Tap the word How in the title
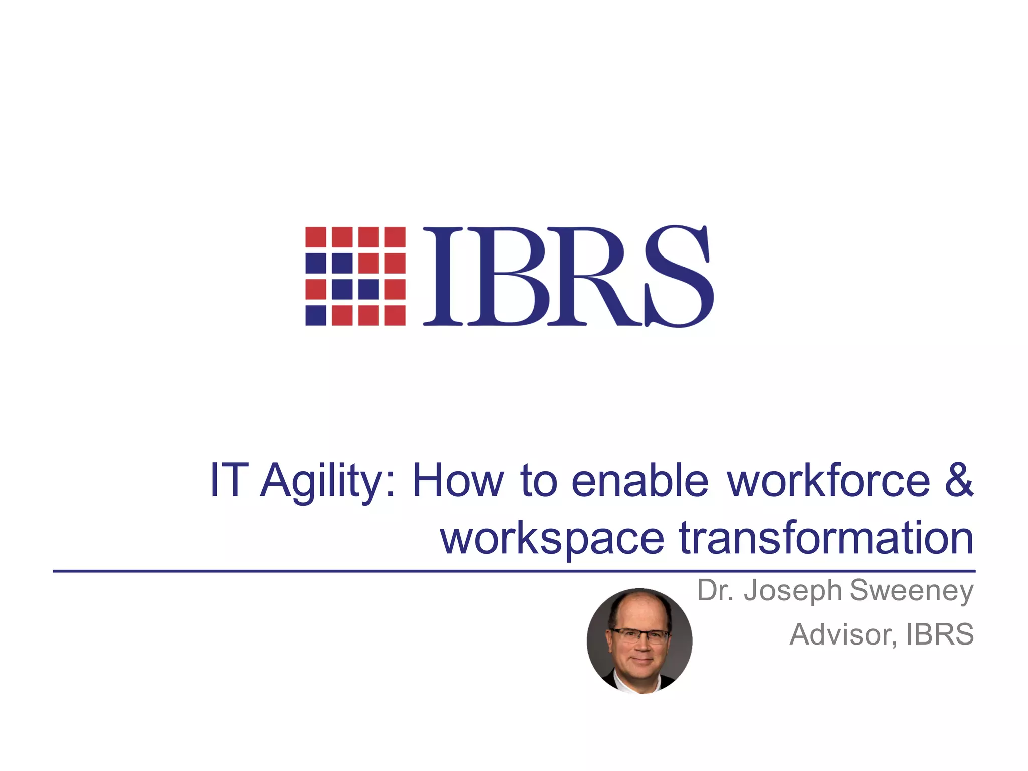click(457, 481)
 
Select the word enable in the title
click(639, 481)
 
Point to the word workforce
click(829, 481)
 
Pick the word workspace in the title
click(552, 538)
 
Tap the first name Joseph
click(793, 591)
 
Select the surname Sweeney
click(912, 591)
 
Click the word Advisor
click(843, 634)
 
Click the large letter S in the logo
click(679, 276)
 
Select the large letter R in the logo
click(592, 276)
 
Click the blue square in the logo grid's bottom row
click(316, 315)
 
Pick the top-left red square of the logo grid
click(316, 237)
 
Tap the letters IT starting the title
click(229, 481)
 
